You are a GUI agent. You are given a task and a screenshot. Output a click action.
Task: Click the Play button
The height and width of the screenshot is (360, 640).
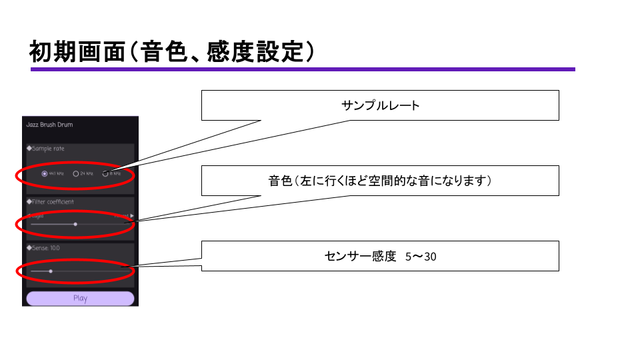pyautogui.click(x=80, y=299)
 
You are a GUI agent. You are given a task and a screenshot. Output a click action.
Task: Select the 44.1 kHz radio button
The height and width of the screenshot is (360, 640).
pyautogui.click(x=45, y=173)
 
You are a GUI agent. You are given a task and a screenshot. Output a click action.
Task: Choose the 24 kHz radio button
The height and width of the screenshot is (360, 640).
pyautogui.click(x=76, y=173)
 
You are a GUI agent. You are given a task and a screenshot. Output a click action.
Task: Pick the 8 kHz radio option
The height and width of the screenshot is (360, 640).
pyautogui.click(x=105, y=173)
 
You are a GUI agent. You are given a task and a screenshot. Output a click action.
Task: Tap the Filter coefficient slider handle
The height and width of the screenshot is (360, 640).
pyautogui.click(x=75, y=225)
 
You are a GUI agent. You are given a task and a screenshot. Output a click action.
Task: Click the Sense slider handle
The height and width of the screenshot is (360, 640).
pyautogui.click(x=51, y=271)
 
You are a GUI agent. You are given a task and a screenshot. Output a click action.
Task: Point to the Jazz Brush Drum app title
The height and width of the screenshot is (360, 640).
pyautogui.click(x=50, y=125)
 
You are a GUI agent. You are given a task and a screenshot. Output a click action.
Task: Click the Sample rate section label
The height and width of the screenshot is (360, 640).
pyautogui.click(x=46, y=149)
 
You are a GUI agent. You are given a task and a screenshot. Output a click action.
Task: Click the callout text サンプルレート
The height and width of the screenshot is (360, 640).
pyautogui.click(x=380, y=105)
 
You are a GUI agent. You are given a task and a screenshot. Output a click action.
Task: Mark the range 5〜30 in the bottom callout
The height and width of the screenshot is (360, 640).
pyautogui.click(x=421, y=256)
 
